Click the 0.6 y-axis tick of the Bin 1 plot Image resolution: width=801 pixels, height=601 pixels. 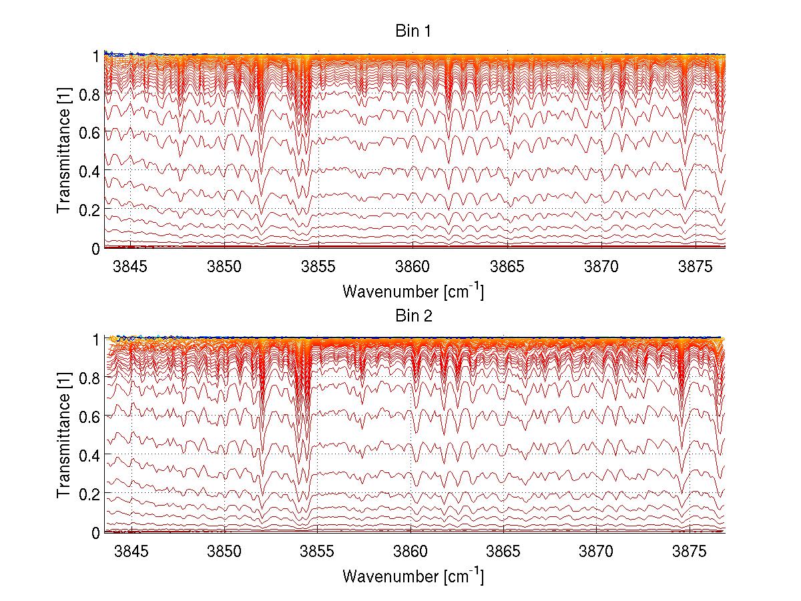[91, 133]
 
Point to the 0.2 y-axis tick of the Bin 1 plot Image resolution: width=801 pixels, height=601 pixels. [91, 209]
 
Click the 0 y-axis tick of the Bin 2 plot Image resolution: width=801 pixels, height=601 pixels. [97, 532]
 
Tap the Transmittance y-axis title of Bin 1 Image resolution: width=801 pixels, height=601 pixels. [64, 152]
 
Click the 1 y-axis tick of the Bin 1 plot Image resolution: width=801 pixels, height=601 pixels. [97, 56]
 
